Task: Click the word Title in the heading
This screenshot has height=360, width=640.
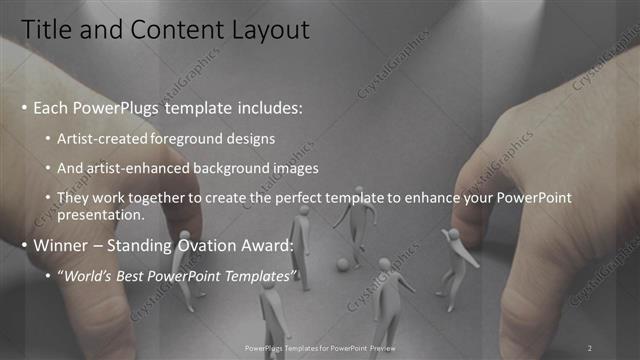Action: pos(46,32)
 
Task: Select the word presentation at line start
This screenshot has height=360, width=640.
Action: pos(103,214)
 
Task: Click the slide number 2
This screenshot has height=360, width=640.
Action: pos(589,348)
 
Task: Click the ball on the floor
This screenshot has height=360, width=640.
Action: pos(342,265)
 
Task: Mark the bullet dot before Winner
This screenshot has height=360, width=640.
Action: pos(25,245)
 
